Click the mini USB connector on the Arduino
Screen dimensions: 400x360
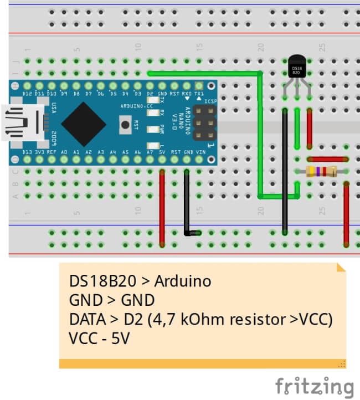click(22, 122)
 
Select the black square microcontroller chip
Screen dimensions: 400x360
click(84, 124)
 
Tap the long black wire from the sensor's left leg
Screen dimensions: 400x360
click(285, 172)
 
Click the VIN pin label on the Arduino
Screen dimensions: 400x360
click(200, 152)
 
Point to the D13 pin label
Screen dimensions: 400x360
click(27, 152)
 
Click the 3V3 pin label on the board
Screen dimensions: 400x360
click(40, 152)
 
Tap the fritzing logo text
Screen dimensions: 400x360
click(315, 386)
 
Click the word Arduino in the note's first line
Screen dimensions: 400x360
click(183, 281)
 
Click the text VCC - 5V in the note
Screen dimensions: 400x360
click(99, 337)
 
